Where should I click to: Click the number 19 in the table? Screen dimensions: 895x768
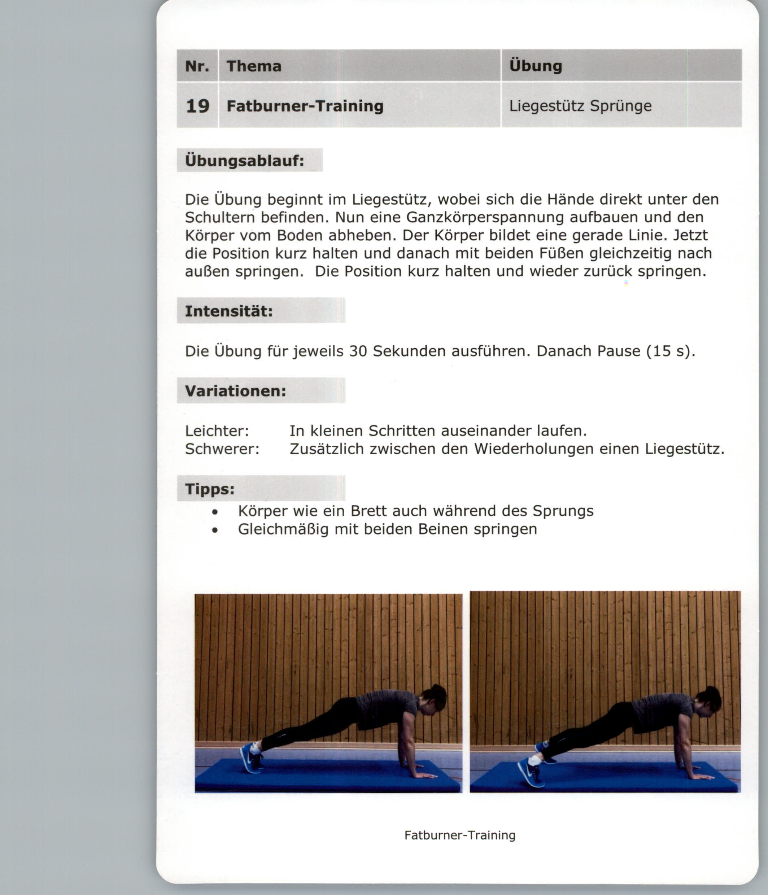tap(197, 106)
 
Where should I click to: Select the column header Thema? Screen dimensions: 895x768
tap(254, 66)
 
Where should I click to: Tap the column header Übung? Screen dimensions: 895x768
tap(535, 66)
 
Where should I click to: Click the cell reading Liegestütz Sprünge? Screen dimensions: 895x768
tap(580, 106)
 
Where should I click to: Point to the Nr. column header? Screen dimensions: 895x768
tap(197, 66)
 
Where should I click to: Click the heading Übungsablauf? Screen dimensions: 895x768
tap(244, 161)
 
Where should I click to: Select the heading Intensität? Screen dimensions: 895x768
tap(229, 311)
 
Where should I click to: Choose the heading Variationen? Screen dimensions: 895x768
tap(235, 391)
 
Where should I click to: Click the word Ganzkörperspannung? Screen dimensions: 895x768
tap(485, 217)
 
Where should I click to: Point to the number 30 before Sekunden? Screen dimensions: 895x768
tap(358, 351)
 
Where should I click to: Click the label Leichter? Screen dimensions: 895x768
tap(217, 431)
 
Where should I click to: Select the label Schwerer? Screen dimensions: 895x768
tap(222, 449)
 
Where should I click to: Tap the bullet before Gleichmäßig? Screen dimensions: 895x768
tap(215, 530)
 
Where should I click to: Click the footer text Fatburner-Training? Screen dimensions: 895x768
tap(459, 835)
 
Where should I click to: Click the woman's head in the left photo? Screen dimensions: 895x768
tap(435, 698)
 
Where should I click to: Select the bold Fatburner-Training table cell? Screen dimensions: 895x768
tap(305, 106)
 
